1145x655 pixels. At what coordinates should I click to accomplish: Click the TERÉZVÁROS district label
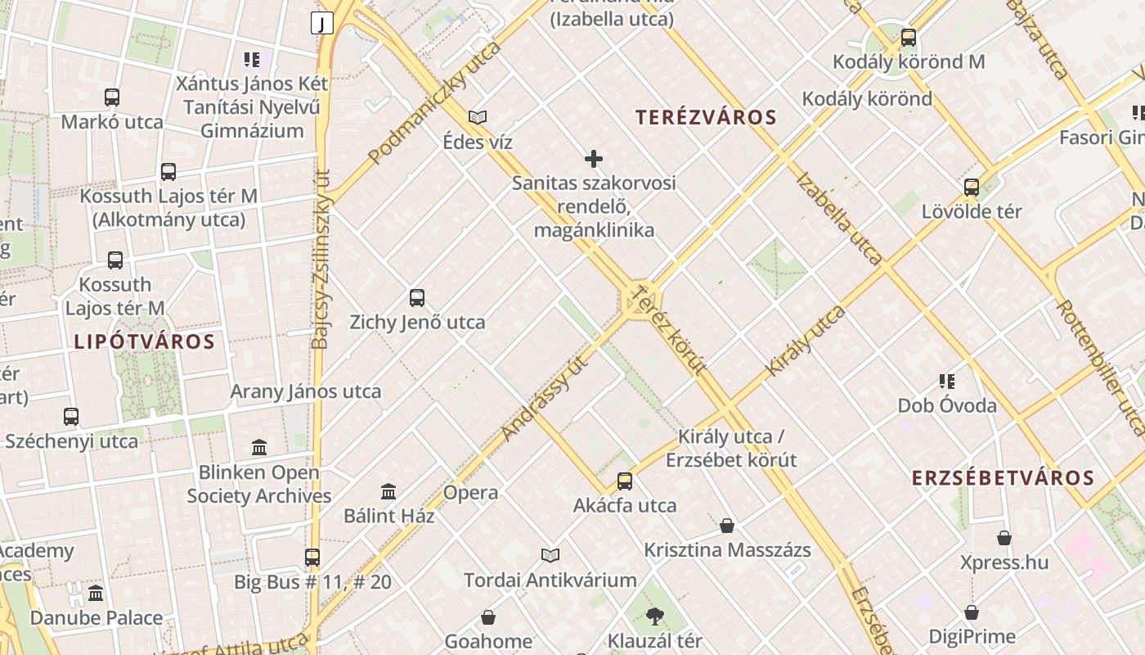coord(706,117)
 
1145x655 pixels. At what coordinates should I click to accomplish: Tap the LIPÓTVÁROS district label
coord(145,341)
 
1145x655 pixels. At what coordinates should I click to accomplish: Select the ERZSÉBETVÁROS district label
coord(1003,478)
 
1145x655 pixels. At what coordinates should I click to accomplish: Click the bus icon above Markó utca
coord(112,97)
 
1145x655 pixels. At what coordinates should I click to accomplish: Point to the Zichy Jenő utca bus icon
coord(417,298)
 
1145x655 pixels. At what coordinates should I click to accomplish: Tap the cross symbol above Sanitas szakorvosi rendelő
coord(594,159)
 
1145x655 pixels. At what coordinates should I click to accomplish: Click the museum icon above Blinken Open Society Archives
coord(259,448)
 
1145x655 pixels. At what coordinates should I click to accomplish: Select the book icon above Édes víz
coord(478,117)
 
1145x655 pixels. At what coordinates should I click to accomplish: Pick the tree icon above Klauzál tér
coord(654,617)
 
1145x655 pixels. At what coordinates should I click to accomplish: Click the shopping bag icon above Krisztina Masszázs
coord(727,526)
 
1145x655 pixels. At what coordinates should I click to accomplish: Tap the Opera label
coord(470,493)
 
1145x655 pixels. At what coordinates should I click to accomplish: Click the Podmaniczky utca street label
coord(434,102)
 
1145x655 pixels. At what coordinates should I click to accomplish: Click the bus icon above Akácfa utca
coord(625,481)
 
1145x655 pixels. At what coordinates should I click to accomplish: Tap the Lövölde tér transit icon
coord(972,187)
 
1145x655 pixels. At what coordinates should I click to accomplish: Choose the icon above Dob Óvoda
coord(947,381)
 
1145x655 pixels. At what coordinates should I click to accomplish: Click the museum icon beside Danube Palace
coord(96,593)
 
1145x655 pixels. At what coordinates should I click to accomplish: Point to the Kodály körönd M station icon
coord(908,38)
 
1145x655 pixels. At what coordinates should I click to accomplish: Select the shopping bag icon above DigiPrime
coord(972,612)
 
